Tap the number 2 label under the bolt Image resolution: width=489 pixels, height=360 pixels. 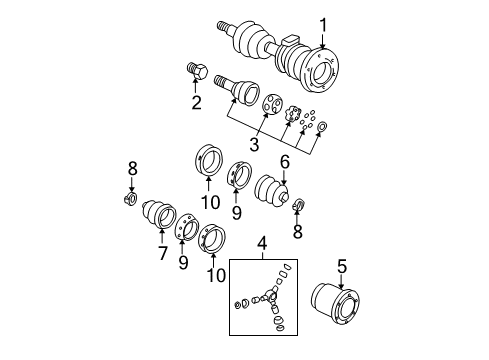pyautogui.click(x=196, y=101)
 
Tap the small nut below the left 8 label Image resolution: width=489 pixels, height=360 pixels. pyautogui.click(x=131, y=196)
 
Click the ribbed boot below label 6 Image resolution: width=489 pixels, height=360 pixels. pyautogui.click(x=270, y=192)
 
